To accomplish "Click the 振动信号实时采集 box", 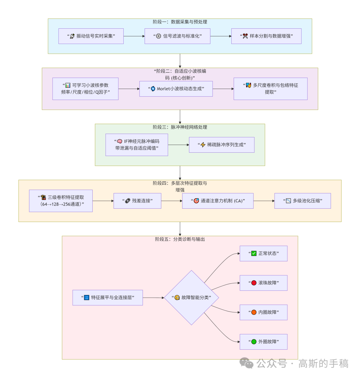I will click(x=91, y=36).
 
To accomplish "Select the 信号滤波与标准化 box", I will click(x=177, y=36).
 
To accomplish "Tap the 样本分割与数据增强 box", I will click(x=266, y=36).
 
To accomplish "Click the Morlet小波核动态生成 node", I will click(x=176, y=89).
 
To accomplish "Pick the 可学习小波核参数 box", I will click(x=85, y=89).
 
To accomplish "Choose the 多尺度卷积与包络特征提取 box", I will click(x=270, y=89).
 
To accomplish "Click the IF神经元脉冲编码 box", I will click(x=137, y=145).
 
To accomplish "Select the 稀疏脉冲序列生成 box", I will click(x=222, y=145).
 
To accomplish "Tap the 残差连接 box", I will click(x=137, y=201).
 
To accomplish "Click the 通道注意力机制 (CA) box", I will click(x=218, y=201).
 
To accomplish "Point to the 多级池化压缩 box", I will click(x=302, y=201).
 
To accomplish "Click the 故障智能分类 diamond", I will click(x=191, y=297).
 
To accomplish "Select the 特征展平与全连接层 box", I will click(x=108, y=297).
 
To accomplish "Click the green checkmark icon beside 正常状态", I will click(x=254, y=253).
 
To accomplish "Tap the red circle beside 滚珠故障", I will click(x=254, y=283).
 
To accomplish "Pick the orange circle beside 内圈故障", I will click(x=254, y=312).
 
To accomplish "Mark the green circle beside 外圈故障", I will click(x=254, y=342).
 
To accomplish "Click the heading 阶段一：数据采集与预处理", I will click(x=180, y=22).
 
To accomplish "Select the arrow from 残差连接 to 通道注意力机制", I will click(x=172, y=201).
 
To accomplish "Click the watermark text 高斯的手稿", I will click(x=323, y=363).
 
